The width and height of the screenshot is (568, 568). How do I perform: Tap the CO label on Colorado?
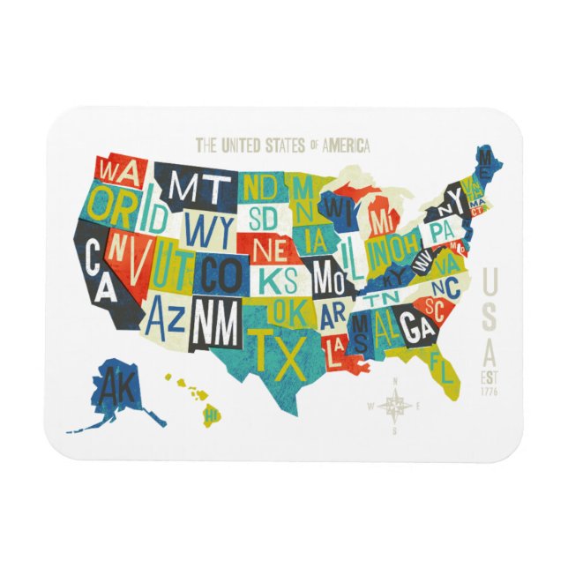coord(218,274)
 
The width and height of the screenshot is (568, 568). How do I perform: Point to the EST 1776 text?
coord(490,385)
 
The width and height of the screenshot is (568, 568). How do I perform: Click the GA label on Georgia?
coord(414,327)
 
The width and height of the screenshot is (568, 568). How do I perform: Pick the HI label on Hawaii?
coord(211,412)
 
